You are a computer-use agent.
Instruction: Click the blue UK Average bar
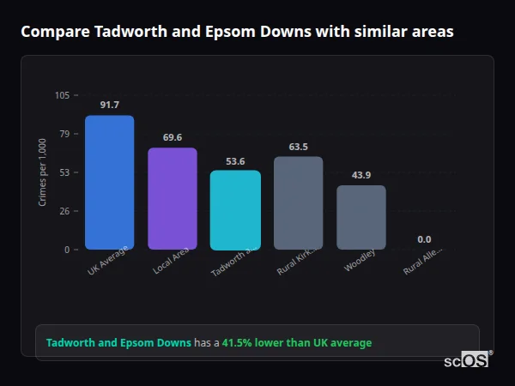coord(109,183)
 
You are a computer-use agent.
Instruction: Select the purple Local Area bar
coord(172,199)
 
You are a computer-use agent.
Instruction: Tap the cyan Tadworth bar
coord(235,210)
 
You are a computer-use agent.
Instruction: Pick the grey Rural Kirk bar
coord(298,203)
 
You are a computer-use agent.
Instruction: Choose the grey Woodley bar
coord(361,217)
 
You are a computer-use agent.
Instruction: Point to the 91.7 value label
coord(109,105)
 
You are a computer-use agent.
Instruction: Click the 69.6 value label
coord(172,137)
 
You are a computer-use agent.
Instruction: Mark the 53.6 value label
coord(235,161)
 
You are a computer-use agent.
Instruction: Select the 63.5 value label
coord(298,147)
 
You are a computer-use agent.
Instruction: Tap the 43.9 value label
coord(361,175)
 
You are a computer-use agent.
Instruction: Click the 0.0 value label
coord(424,239)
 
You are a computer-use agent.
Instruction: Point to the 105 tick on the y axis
coord(62,95)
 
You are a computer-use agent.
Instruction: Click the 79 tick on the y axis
coord(64,134)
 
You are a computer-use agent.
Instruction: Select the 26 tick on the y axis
coord(64,211)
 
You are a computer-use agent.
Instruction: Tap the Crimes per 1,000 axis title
coord(43,172)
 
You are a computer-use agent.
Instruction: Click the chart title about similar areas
coord(237,32)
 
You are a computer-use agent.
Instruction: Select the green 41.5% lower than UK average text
coord(297,343)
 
